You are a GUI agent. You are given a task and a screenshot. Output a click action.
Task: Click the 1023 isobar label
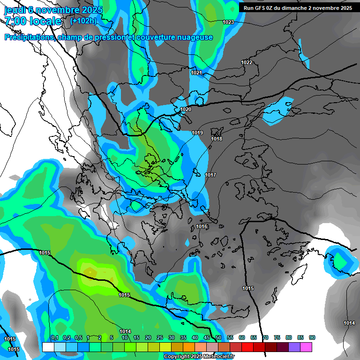pyautogui.click(x=228, y=22)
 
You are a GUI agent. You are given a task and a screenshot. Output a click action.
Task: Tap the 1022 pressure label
pyautogui.click(x=247, y=62)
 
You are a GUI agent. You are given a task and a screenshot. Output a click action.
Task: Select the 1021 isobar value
pyautogui.click(x=196, y=73)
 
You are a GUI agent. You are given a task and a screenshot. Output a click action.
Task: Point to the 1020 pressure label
pyautogui.click(x=186, y=109)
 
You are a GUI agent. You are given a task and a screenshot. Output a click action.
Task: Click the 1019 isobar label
pyautogui.click(x=197, y=133)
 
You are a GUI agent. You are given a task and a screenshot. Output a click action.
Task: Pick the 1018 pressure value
pyautogui.click(x=217, y=139)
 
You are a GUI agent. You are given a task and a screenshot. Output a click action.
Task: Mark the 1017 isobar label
pyautogui.click(x=210, y=175)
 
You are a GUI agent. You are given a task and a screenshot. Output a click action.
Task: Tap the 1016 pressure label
pyautogui.click(x=202, y=227)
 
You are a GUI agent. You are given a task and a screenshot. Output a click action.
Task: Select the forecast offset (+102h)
pyautogui.click(x=83, y=21)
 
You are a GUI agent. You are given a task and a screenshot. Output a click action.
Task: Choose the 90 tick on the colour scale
pyautogui.click(x=312, y=337)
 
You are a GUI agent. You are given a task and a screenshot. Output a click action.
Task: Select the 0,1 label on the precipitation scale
pyautogui.click(x=54, y=337)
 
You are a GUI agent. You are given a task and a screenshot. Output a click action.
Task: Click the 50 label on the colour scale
pyautogui.click(x=218, y=337)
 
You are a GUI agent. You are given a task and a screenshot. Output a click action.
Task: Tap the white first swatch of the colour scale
pyautogui.click(x=48, y=347)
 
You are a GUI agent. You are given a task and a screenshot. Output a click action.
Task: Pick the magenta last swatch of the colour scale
pyautogui.click(x=306, y=347)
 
